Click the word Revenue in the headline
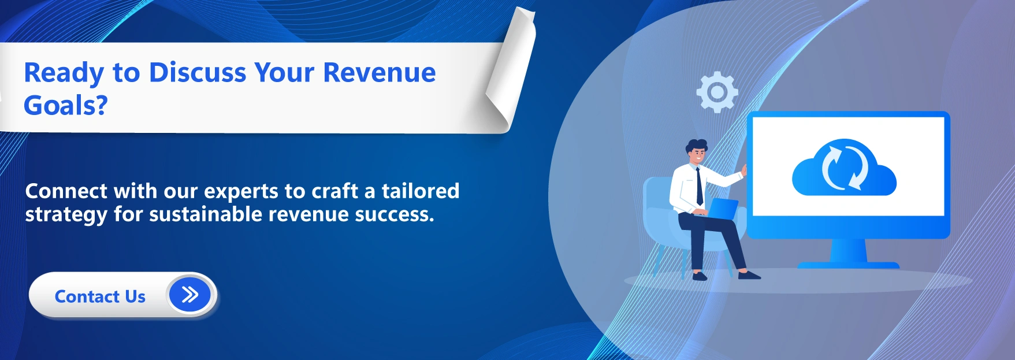click(379, 73)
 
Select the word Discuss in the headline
click(198, 73)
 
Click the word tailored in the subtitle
click(420, 191)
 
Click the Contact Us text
click(100, 296)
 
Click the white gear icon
click(717, 92)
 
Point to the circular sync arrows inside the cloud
click(844, 168)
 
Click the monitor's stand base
click(848, 265)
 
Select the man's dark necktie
click(700, 186)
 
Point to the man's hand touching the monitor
click(744, 170)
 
